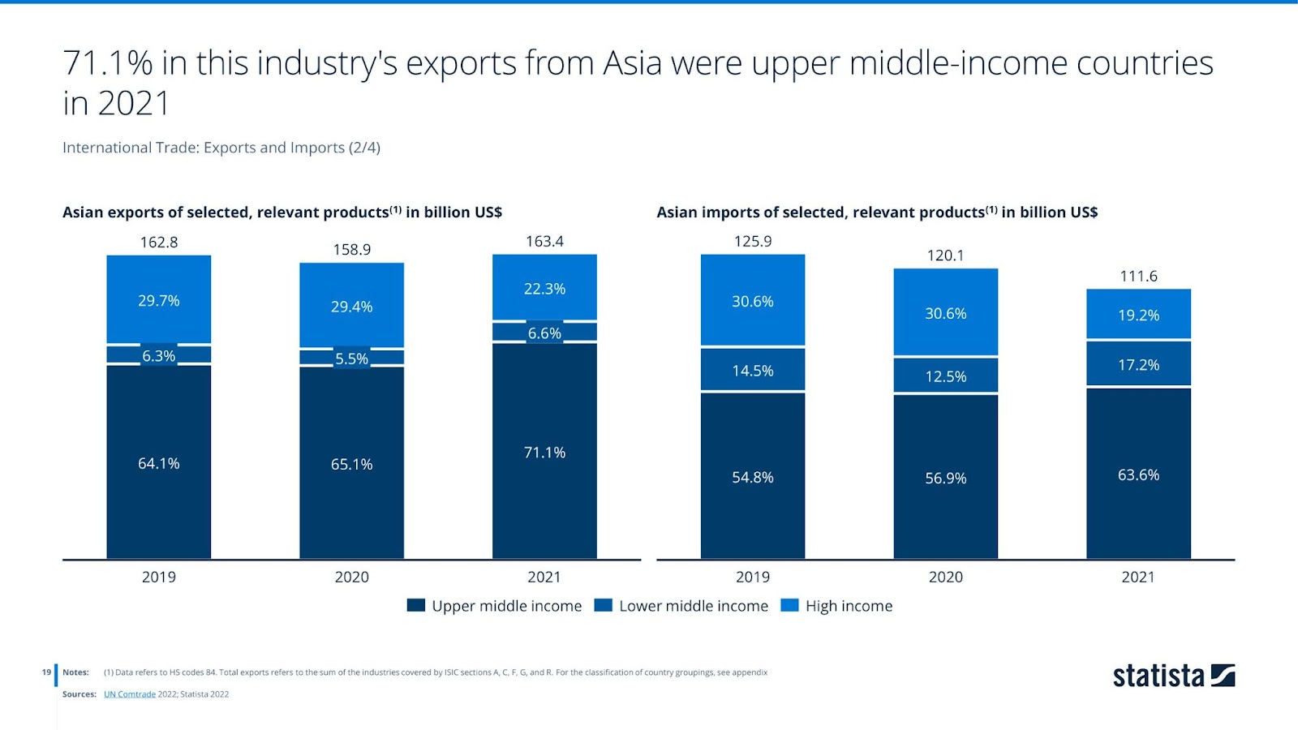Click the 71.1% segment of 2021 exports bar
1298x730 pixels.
point(544,451)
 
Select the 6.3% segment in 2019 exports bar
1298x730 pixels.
point(159,355)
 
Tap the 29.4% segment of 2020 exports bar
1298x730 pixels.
point(351,306)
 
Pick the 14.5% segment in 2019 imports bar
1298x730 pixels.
point(753,370)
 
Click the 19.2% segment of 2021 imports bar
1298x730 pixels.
point(1138,314)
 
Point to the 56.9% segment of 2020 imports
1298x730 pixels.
point(945,477)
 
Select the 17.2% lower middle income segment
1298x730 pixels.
point(1138,364)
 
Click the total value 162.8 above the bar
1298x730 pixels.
point(159,242)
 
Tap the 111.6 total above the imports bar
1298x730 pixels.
point(1138,276)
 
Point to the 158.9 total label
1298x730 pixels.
point(351,249)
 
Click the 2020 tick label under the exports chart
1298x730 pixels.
point(351,577)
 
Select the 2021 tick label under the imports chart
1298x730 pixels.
point(1137,577)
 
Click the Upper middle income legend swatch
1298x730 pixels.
point(416,605)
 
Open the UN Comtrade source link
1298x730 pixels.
point(129,694)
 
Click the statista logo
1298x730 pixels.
point(1173,676)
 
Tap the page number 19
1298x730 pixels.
point(46,672)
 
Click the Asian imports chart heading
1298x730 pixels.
point(876,213)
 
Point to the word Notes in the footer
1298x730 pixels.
point(75,672)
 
